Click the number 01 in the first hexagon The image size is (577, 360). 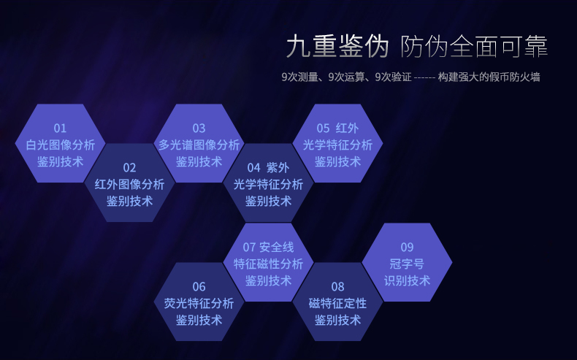tap(60, 129)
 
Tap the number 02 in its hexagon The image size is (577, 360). tap(129, 168)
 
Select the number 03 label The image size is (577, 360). tap(199, 129)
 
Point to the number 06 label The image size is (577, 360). tap(199, 287)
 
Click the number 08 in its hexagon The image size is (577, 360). tap(338, 287)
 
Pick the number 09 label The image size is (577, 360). tap(407, 247)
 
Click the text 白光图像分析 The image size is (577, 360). tap(61, 145)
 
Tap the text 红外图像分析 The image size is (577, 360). tap(129, 185)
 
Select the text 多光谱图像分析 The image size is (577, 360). tap(199, 145)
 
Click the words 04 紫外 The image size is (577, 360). tap(268, 168)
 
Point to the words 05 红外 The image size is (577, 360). tap(338, 129)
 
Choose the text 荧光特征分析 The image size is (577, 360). tap(199, 303)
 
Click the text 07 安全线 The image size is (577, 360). tap(268, 247)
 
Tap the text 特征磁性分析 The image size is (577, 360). tap(268, 264)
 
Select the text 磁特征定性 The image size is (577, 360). tap(338, 303)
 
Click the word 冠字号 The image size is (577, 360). tap(407, 264)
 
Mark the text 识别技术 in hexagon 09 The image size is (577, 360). tap(407, 280)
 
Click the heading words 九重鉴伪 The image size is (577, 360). tap(337, 46)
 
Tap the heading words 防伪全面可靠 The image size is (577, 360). tap(474, 46)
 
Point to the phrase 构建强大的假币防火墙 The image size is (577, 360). tap(489, 77)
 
